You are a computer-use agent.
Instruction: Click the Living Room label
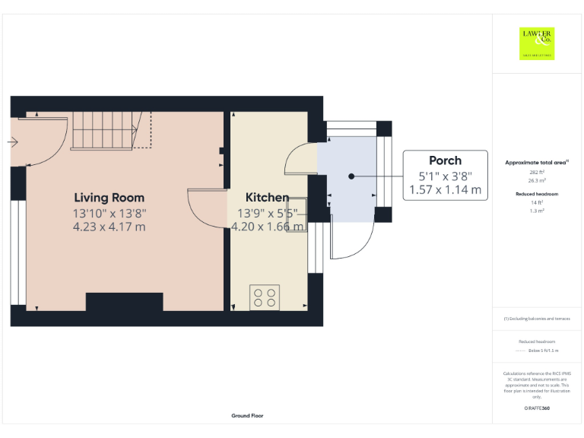[109, 198]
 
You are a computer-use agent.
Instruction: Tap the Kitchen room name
[267, 198]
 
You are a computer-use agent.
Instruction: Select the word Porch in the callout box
[445, 160]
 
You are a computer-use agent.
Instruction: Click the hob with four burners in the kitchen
[264, 297]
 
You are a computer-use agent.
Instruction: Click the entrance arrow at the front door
[13, 141]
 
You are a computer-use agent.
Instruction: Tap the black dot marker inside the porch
[351, 176]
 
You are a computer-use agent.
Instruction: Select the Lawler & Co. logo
[536, 43]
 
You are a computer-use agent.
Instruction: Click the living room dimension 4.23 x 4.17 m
[109, 227]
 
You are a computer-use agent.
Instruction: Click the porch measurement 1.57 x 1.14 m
[445, 190]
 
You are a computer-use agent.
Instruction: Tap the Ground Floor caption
[247, 416]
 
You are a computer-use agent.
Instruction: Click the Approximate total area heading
[536, 163]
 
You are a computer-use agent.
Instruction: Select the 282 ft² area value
[536, 173]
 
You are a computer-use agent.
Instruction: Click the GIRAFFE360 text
[536, 409]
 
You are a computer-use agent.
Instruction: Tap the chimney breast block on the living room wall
[124, 302]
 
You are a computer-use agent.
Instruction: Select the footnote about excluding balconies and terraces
[536, 319]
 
